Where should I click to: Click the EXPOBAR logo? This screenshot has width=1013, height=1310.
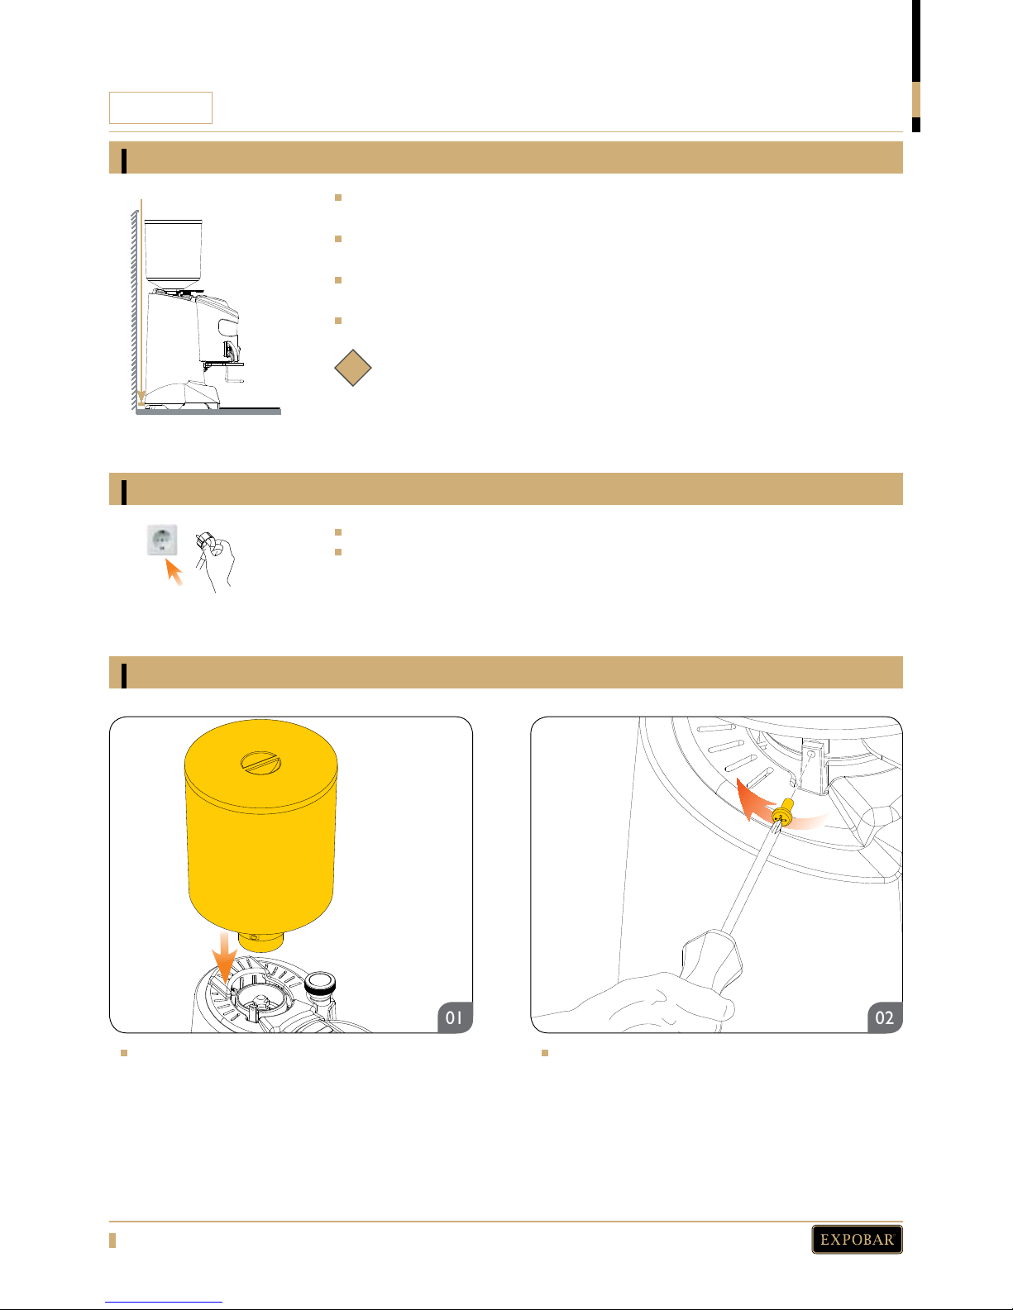click(x=857, y=1239)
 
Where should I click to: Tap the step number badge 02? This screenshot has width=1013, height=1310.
click(x=885, y=1017)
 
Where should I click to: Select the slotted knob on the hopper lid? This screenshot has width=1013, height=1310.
click(x=260, y=763)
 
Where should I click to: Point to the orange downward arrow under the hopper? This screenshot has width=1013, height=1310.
click(x=224, y=958)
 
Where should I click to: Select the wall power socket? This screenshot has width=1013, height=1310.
click(x=162, y=540)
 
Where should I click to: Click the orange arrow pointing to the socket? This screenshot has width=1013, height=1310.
click(x=174, y=572)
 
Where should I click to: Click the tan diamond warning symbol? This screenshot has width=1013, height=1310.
click(x=353, y=368)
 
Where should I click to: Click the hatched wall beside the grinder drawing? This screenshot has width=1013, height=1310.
click(x=135, y=311)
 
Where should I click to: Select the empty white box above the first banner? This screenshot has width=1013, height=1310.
click(x=160, y=108)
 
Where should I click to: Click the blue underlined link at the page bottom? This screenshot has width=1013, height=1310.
click(x=164, y=1303)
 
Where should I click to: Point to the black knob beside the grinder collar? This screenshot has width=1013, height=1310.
click(x=320, y=984)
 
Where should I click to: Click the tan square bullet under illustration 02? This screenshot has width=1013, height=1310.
click(x=545, y=1053)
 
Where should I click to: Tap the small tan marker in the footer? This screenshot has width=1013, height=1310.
click(x=112, y=1240)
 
